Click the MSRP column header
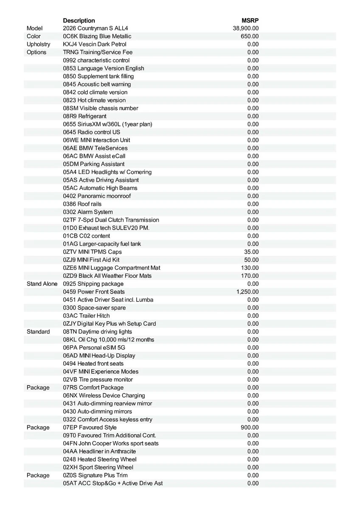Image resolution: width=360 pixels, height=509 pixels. point(250,20)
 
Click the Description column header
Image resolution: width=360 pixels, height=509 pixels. point(79,20)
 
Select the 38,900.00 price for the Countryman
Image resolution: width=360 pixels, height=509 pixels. point(246,28)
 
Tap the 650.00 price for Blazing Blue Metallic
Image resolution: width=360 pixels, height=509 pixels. point(250,36)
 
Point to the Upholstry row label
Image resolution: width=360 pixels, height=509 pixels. point(38,44)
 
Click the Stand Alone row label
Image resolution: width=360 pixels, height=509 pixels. point(42,284)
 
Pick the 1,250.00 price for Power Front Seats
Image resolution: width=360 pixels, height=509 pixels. point(247,292)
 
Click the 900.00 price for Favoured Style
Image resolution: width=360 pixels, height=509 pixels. point(250,428)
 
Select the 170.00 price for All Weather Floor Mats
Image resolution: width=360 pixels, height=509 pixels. point(250,276)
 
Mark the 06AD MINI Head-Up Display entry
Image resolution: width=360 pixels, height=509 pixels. point(99,355)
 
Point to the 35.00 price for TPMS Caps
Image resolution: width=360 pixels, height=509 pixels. point(251,252)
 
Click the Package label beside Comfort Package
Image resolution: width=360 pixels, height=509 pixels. point(38,388)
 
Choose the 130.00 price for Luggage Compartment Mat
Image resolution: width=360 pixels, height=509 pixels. point(250,268)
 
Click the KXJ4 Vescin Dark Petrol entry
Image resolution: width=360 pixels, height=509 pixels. point(95,44)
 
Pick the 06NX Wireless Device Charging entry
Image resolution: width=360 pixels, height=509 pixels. point(104,395)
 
